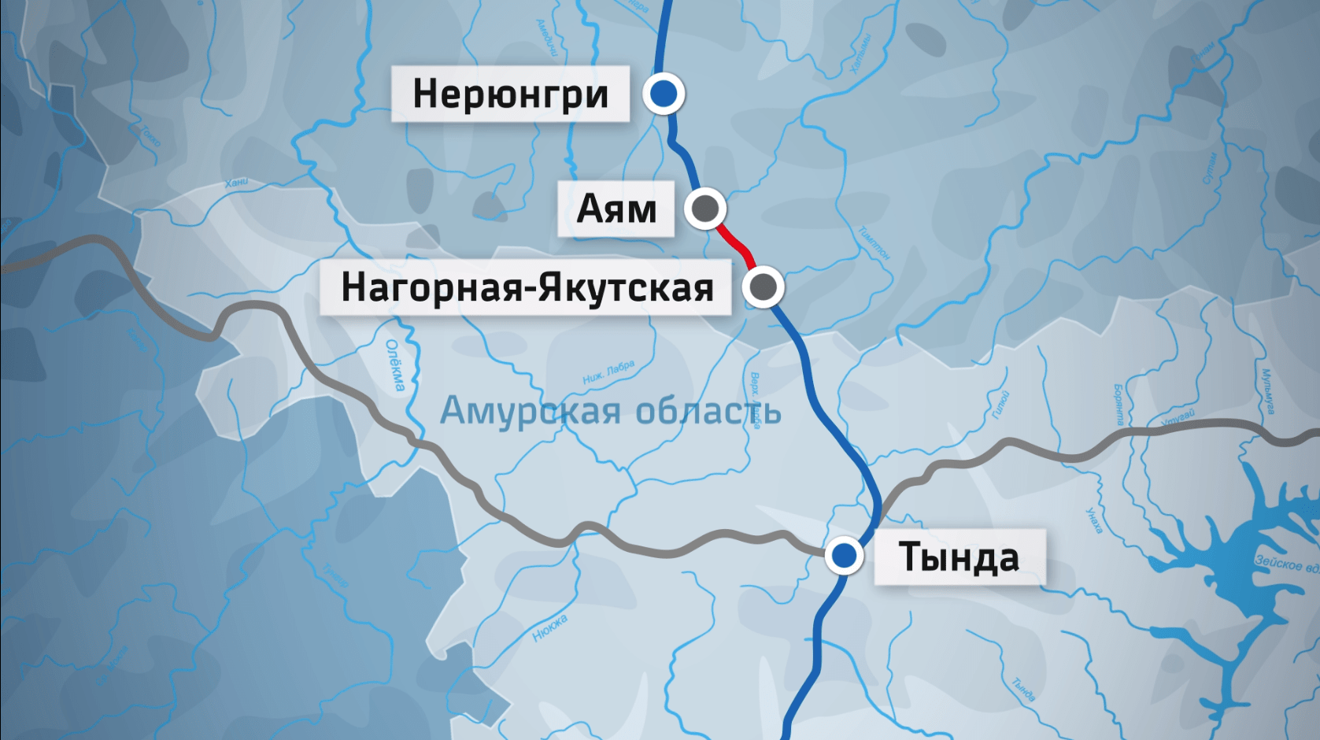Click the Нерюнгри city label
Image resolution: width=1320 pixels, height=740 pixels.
(x=510, y=94)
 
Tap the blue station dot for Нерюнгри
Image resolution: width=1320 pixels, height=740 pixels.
(x=664, y=94)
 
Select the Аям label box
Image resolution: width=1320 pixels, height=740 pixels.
(x=616, y=209)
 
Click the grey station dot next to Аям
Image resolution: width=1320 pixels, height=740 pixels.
(x=704, y=209)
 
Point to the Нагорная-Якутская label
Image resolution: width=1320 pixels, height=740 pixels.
(x=526, y=287)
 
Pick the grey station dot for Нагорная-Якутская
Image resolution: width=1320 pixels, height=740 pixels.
(x=763, y=287)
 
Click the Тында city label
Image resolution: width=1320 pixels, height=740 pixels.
(x=959, y=557)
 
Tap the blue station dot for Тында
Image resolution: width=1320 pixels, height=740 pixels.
(x=844, y=556)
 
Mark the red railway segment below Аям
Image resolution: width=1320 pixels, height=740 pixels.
(x=737, y=243)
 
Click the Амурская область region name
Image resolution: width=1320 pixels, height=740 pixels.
(x=610, y=410)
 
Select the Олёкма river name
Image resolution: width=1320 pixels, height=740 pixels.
(x=395, y=365)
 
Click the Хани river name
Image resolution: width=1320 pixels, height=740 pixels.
(x=236, y=183)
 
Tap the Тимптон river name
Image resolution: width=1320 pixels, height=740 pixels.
(x=874, y=242)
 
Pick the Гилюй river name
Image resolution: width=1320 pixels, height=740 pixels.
(x=1000, y=404)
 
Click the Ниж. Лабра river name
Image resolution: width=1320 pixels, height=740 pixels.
(x=608, y=372)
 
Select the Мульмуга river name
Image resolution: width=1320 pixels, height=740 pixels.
(x=1267, y=391)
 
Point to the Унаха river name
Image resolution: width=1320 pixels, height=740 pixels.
(x=1094, y=520)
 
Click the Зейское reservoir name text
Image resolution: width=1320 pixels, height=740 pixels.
(x=1286, y=564)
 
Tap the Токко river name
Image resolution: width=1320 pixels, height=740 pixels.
(x=150, y=135)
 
